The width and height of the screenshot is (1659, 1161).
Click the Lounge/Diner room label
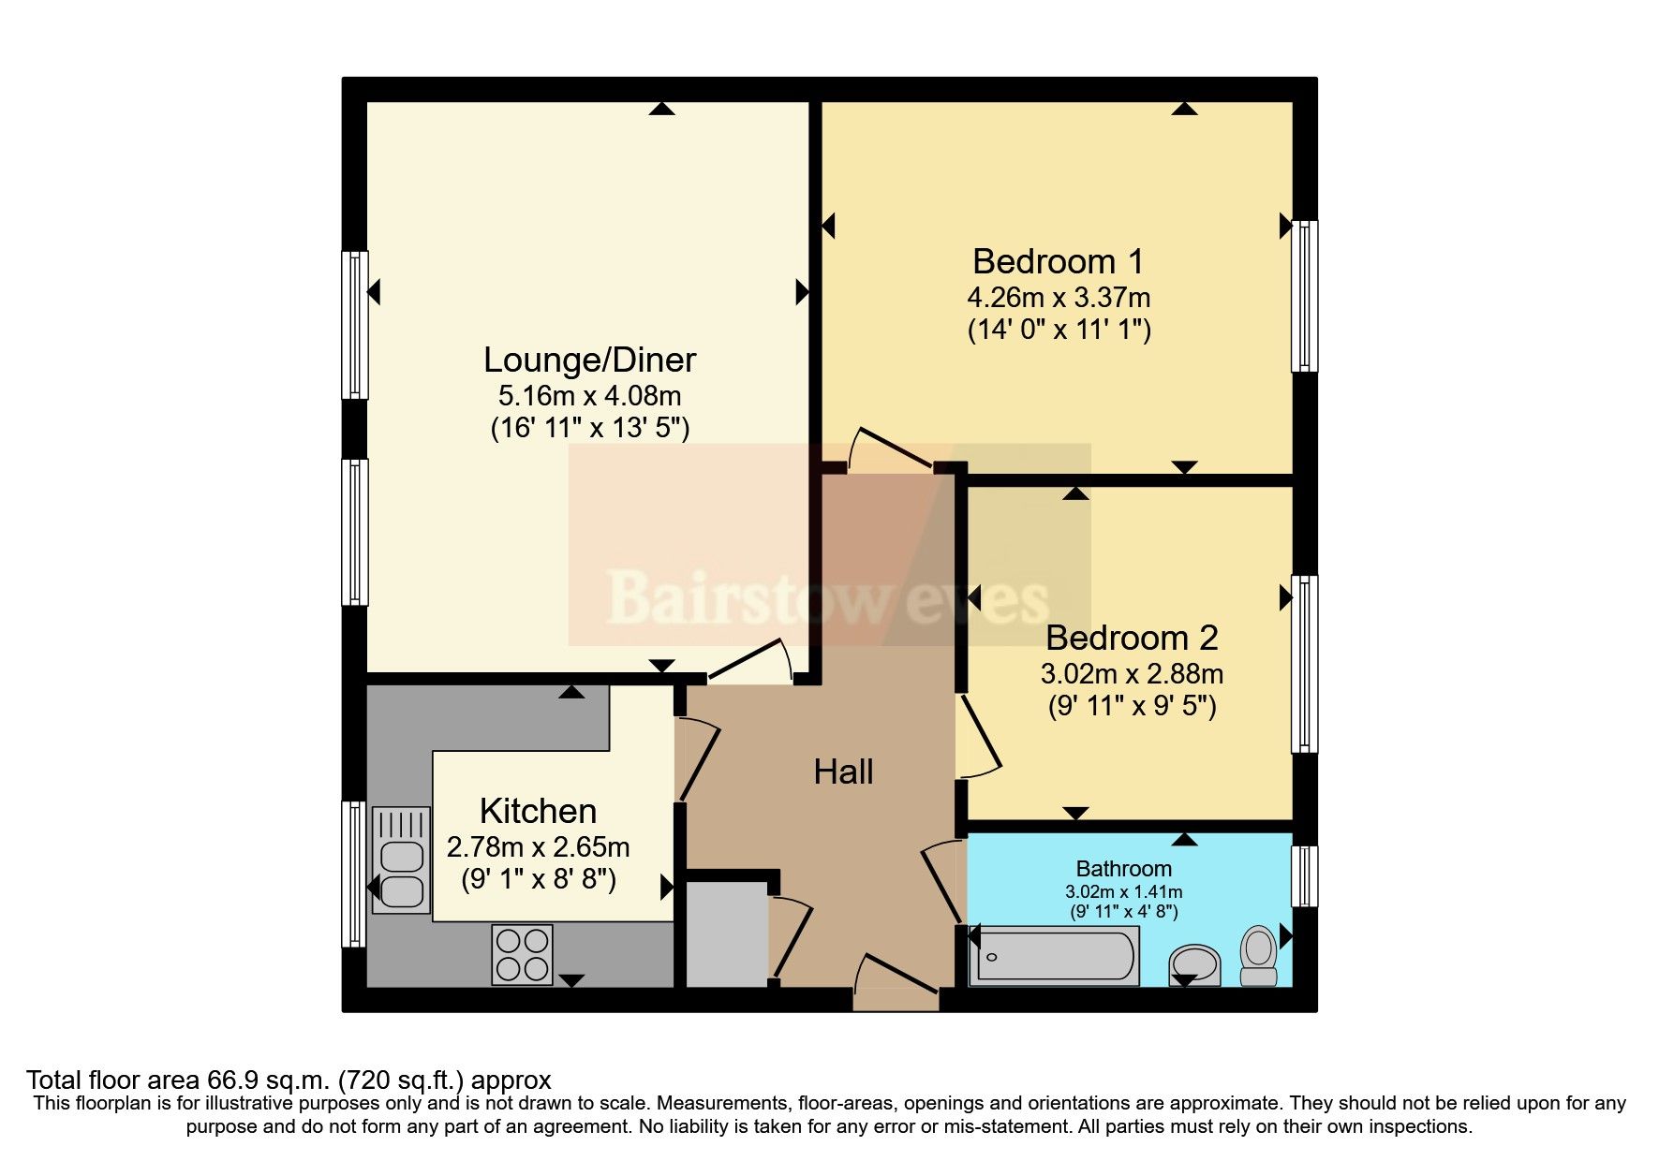(x=589, y=360)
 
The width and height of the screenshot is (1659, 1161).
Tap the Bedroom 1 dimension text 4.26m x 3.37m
(x=1059, y=298)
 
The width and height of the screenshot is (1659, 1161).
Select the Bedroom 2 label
(x=1132, y=638)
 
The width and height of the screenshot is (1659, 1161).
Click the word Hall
(x=843, y=772)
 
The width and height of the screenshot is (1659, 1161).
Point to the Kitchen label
(x=538, y=811)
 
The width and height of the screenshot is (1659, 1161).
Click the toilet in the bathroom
(x=1259, y=955)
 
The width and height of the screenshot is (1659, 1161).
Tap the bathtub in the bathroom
(x=1054, y=957)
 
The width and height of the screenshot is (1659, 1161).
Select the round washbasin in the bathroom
(x=1194, y=963)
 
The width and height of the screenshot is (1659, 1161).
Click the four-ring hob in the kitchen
(x=522, y=954)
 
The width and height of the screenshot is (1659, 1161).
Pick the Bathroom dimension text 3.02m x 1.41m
(x=1123, y=891)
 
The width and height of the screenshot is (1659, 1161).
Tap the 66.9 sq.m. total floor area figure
(x=278, y=1080)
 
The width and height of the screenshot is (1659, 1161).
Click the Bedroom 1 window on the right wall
(x=1305, y=296)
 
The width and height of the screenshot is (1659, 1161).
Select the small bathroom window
(x=1304, y=876)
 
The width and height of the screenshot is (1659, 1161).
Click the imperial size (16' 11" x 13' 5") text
(x=589, y=429)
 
